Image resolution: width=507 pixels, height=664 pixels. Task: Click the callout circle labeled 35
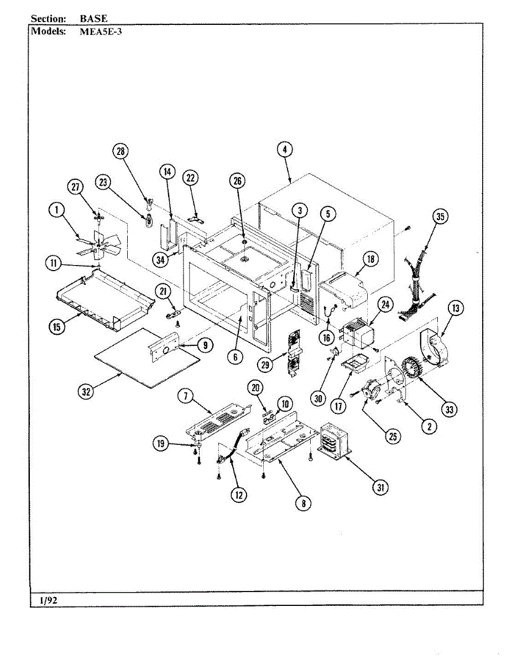pyautogui.click(x=440, y=217)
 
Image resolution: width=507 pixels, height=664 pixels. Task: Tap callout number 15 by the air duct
pyautogui.click(x=56, y=326)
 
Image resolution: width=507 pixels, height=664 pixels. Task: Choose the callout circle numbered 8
pyautogui.click(x=303, y=503)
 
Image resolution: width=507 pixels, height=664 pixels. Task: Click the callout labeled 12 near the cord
pyautogui.click(x=239, y=495)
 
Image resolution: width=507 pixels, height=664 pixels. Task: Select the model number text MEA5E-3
pyautogui.click(x=101, y=32)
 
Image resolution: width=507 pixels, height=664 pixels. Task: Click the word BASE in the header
pyautogui.click(x=93, y=19)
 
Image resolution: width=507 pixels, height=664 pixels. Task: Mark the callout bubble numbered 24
pyautogui.click(x=386, y=304)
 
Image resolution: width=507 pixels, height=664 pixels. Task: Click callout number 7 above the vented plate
pyautogui.click(x=186, y=396)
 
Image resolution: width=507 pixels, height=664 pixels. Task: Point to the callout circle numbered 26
pyautogui.click(x=238, y=181)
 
